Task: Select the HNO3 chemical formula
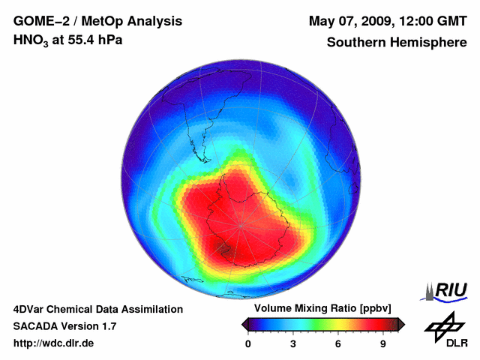pos(31,40)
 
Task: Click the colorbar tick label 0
pos(248,344)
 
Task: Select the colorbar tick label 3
pos(293,344)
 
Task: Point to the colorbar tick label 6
pos(338,344)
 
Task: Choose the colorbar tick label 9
pos(382,344)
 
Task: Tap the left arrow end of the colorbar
pos(244,324)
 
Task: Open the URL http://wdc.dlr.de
pos(54,343)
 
